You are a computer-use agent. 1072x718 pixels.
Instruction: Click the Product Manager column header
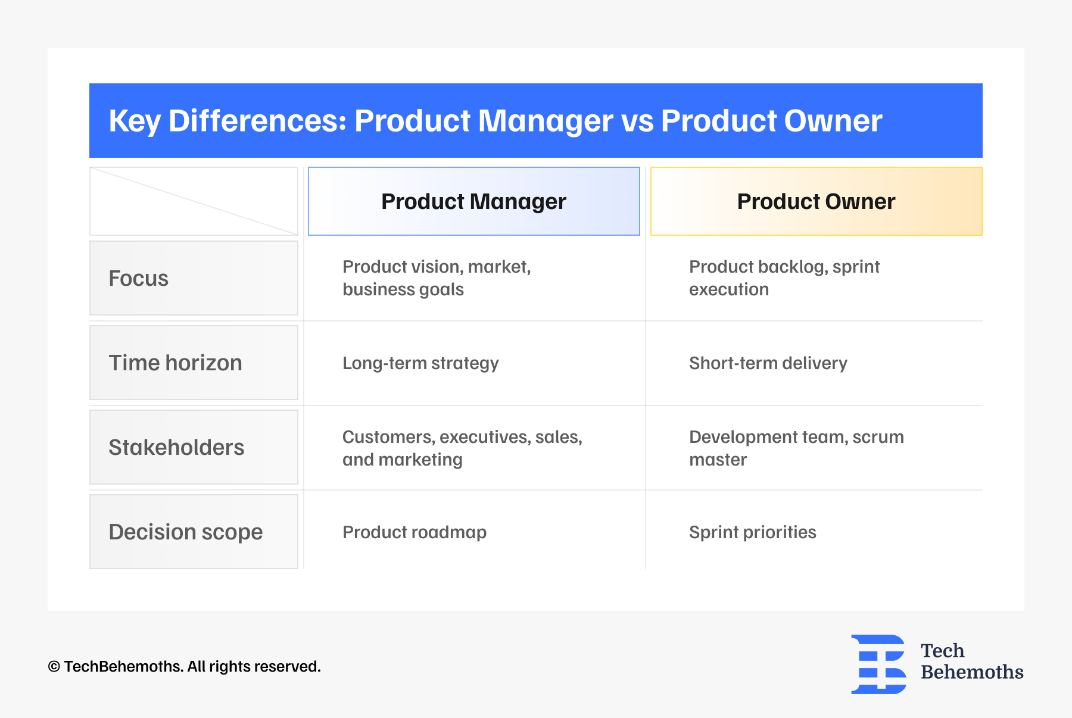point(473,201)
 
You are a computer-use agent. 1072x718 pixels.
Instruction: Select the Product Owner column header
point(816,201)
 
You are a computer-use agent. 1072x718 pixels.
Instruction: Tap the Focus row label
point(194,278)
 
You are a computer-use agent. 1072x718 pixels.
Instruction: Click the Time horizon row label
point(194,363)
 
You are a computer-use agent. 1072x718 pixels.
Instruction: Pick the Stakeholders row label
point(194,447)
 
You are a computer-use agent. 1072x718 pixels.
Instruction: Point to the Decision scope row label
point(194,532)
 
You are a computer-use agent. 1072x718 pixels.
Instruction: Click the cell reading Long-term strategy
point(420,363)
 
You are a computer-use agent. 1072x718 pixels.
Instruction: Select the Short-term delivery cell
point(768,363)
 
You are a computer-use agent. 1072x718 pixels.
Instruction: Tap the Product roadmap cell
point(415,532)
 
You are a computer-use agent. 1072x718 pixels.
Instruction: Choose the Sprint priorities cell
point(752,532)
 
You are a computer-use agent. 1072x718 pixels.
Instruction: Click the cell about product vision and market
point(437,278)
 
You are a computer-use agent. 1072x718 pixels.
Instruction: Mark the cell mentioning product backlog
point(784,278)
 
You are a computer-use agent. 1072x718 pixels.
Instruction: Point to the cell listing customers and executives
point(462,448)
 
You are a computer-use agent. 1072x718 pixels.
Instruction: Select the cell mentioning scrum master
point(796,448)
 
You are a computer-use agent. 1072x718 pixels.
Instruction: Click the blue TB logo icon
point(878,664)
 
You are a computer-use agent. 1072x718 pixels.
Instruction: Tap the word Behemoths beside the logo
point(971,672)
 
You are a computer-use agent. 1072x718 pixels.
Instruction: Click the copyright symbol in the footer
point(54,667)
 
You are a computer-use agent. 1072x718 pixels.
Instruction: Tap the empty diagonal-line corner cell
point(194,201)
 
